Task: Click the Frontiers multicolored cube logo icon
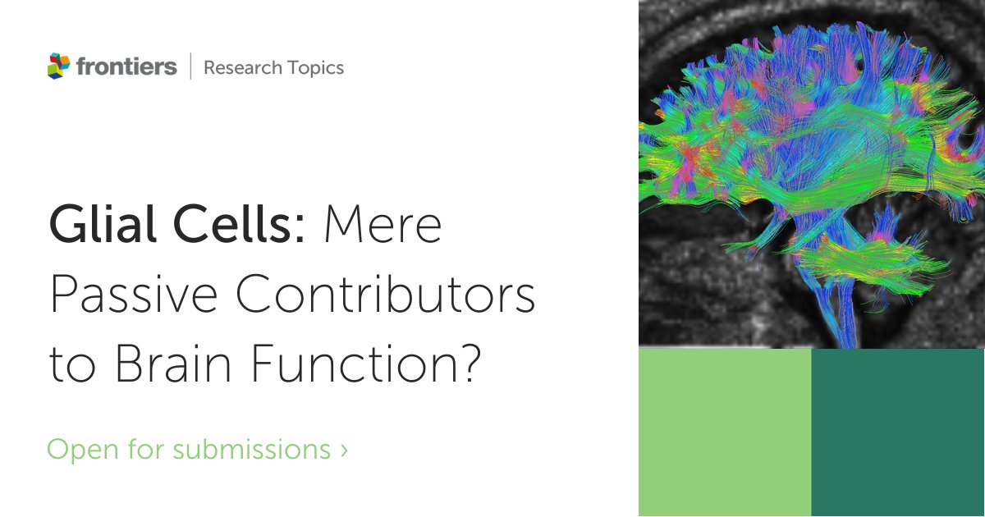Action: tap(59, 66)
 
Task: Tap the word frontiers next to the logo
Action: tap(126, 66)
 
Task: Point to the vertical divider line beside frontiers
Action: tap(190, 66)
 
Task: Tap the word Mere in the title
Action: tap(383, 224)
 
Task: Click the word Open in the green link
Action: tap(78, 450)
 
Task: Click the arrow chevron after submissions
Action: tap(343, 450)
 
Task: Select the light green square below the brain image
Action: tap(725, 432)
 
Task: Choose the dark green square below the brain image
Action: tap(898, 432)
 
